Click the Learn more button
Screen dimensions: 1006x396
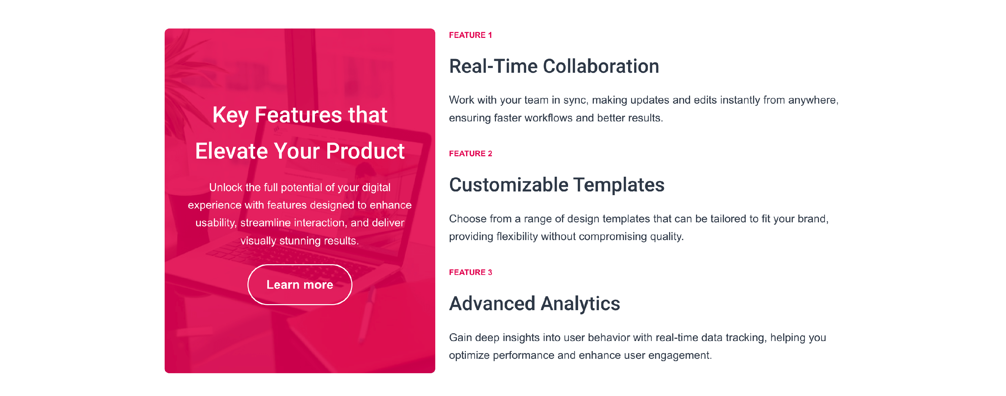point(299,284)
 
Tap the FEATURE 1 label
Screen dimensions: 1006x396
point(470,35)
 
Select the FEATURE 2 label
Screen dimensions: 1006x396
point(470,154)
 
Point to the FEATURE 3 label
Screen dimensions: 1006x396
point(470,272)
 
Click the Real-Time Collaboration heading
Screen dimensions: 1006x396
point(554,66)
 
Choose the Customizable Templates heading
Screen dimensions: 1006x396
point(557,185)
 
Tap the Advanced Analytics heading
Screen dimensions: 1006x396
point(534,303)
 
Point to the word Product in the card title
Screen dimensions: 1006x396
point(365,151)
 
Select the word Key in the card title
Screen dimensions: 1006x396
point(230,116)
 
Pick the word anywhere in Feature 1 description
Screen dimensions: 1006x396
point(813,100)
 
